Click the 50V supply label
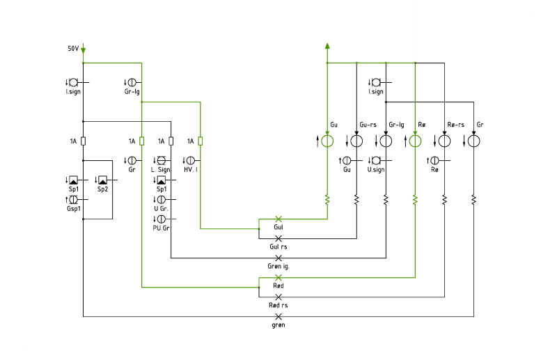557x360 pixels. tap(73, 48)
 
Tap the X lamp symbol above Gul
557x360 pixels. tap(278, 219)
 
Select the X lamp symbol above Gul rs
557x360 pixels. tap(278, 238)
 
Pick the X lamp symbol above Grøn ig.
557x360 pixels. tap(278, 258)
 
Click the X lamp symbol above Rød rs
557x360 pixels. tap(278, 297)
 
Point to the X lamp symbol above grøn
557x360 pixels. tap(278, 317)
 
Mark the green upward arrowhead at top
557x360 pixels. tap(327, 46)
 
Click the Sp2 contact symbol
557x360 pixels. tap(102, 180)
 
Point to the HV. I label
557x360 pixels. tap(191, 170)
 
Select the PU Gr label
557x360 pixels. tap(161, 228)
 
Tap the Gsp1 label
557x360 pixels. tap(74, 209)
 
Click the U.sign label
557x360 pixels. tap(376, 170)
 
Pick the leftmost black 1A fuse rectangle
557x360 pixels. tap(83, 141)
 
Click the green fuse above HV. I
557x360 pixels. tap(201, 141)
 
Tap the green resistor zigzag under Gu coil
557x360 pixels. tap(327, 200)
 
